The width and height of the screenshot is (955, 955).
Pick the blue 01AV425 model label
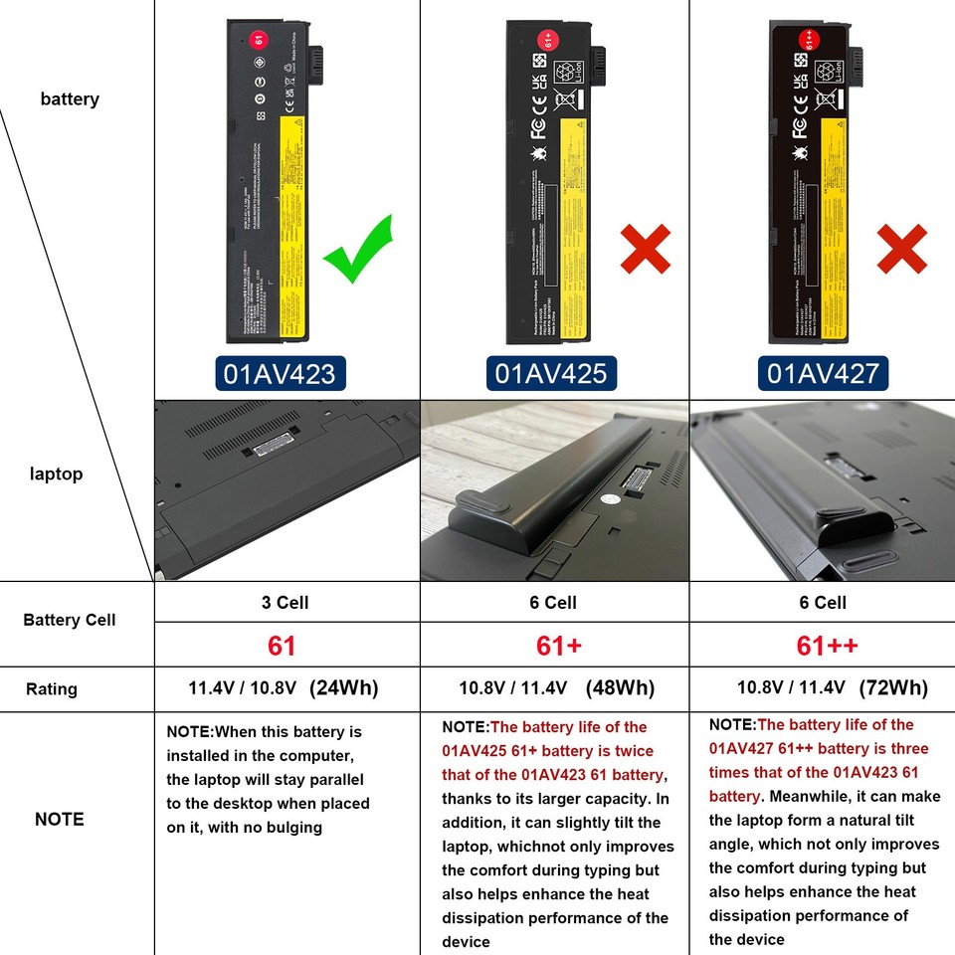coord(551,373)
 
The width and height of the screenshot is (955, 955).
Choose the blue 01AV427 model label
coord(823,373)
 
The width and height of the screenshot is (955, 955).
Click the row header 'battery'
coord(70,98)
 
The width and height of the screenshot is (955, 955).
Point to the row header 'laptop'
coord(56,474)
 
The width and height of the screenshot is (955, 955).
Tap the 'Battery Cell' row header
coord(70,620)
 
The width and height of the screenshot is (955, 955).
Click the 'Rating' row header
coord(52,688)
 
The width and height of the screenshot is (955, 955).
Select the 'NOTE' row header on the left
coord(60,819)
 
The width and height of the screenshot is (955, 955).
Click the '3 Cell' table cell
coord(285,602)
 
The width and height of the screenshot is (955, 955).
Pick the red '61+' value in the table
coord(558,646)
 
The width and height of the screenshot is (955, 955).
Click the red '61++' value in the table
coord(827,646)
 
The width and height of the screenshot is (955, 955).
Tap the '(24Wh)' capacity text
coord(344,687)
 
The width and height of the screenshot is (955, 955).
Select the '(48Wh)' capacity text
coord(620,687)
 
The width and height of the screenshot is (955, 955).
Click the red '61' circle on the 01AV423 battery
coord(259,40)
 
